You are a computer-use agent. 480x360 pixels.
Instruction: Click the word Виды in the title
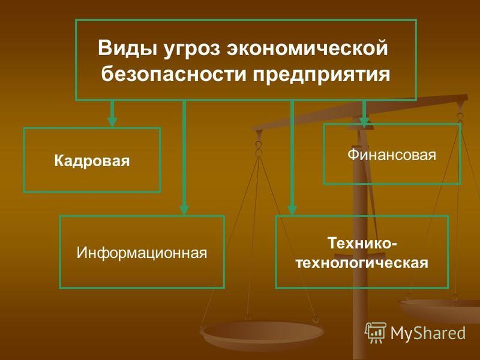[x=127, y=48]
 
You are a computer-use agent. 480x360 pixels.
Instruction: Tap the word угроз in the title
[x=192, y=49]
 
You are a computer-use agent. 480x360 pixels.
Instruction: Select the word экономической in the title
[x=307, y=49]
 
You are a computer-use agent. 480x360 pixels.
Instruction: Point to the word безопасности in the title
[x=174, y=74]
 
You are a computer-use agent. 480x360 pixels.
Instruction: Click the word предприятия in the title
[x=322, y=75]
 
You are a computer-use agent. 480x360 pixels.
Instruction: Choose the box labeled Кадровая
[x=92, y=160]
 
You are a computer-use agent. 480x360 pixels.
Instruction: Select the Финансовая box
[x=392, y=154]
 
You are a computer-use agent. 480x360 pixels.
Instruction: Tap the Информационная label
[x=142, y=253]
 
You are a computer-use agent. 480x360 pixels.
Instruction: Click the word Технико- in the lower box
[x=362, y=243]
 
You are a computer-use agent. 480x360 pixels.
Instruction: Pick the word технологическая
[x=362, y=263]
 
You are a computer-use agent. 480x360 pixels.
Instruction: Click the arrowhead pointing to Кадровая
[x=112, y=122]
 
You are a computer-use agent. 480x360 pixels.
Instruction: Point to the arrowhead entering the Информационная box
[x=184, y=209]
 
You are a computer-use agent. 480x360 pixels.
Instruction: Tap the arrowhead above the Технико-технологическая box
[x=292, y=209]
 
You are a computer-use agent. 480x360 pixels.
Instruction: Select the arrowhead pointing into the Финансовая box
[x=364, y=122]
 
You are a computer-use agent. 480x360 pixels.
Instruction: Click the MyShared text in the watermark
[x=428, y=333]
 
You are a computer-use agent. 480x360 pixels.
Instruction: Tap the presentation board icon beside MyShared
[x=376, y=332]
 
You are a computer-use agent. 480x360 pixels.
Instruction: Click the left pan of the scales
[x=262, y=334]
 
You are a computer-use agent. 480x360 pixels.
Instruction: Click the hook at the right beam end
[x=460, y=118]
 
